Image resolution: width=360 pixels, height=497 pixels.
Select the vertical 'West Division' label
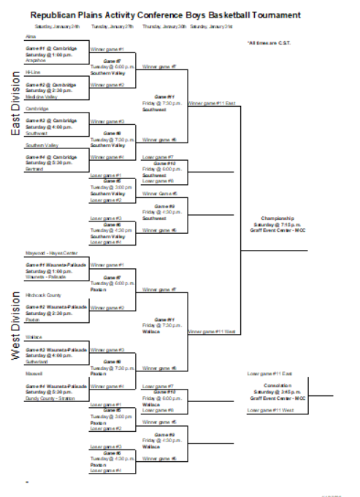point(15,325)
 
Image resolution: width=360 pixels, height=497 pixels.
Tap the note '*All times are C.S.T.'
point(268,42)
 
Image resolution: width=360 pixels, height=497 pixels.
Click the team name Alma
point(31,36)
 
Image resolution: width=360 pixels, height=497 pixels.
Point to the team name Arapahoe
point(36,61)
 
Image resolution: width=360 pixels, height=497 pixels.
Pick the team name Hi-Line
point(33,73)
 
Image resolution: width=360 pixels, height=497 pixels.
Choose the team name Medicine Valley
point(41,96)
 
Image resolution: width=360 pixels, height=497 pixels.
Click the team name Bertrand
point(35,168)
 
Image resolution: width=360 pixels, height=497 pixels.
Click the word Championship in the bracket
point(274,218)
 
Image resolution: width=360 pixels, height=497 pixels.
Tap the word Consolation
point(277,385)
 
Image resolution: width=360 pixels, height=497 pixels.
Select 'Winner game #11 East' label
point(211,103)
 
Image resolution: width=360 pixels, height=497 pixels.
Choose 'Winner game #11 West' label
point(211,332)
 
